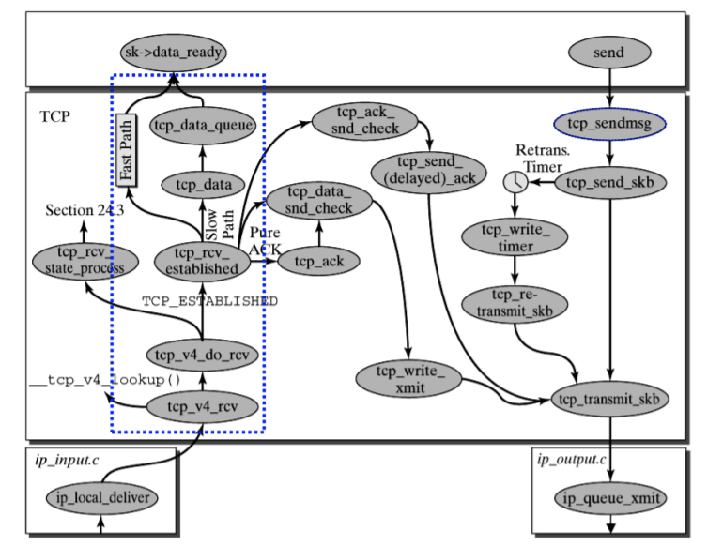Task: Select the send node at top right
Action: pos(609,53)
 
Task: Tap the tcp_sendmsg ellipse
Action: pos(609,124)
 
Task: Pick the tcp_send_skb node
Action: pos(610,182)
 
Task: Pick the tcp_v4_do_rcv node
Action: pos(201,356)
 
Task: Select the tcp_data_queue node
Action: pos(204,124)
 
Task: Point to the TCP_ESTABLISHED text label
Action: pos(209,302)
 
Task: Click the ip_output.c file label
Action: pos(571,459)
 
